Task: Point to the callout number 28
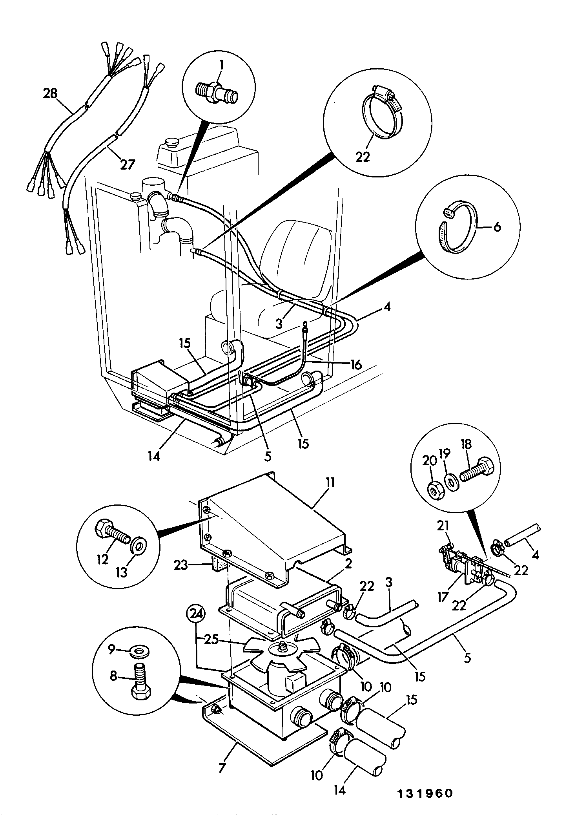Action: [51, 93]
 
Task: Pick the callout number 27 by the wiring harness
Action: [128, 164]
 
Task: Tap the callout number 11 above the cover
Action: [330, 482]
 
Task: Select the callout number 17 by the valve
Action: [443, 597]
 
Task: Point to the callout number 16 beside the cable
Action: [356, 365]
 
